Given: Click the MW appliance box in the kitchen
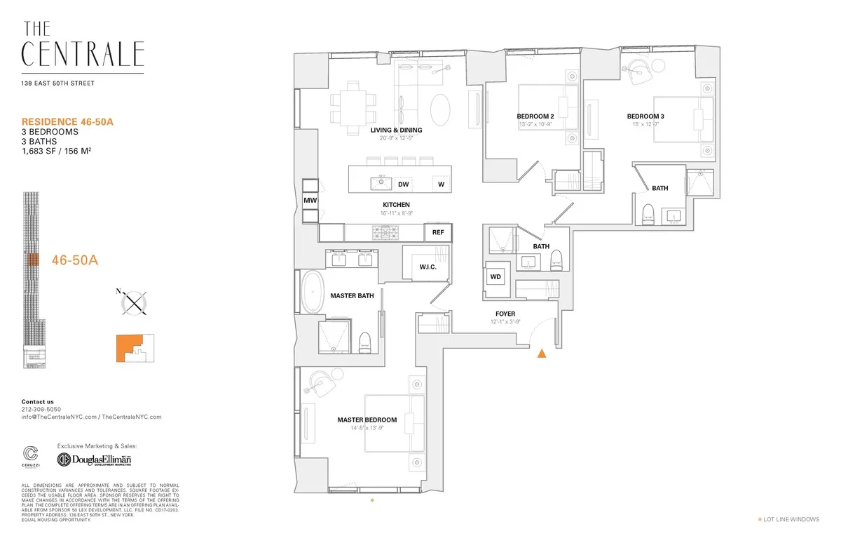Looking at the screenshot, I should point(310,201).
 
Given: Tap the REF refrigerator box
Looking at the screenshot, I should point(438,232).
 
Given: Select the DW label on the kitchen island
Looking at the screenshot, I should point(403,185).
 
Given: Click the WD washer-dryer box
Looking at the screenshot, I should point(495,277).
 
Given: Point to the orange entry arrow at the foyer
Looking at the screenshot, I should point(541,354).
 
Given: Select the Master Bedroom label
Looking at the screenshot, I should point(367,420).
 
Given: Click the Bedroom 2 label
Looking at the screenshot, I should point(535,116).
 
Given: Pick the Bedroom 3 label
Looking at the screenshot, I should point(645,116).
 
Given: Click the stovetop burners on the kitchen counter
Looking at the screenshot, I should point(385,232).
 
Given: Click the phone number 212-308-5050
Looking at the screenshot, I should point(41,409).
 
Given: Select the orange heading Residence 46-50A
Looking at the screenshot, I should point(67,121).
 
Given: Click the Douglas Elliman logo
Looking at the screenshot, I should point(95,460).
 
